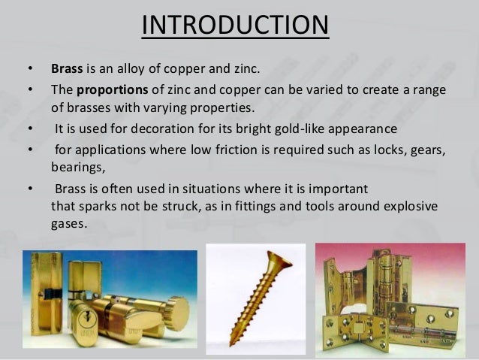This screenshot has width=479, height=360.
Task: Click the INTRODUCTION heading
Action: pyautogui.click(x=235, y=24)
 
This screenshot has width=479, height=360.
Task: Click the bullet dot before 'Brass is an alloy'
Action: pyautogui.click(x=29, y=70)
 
